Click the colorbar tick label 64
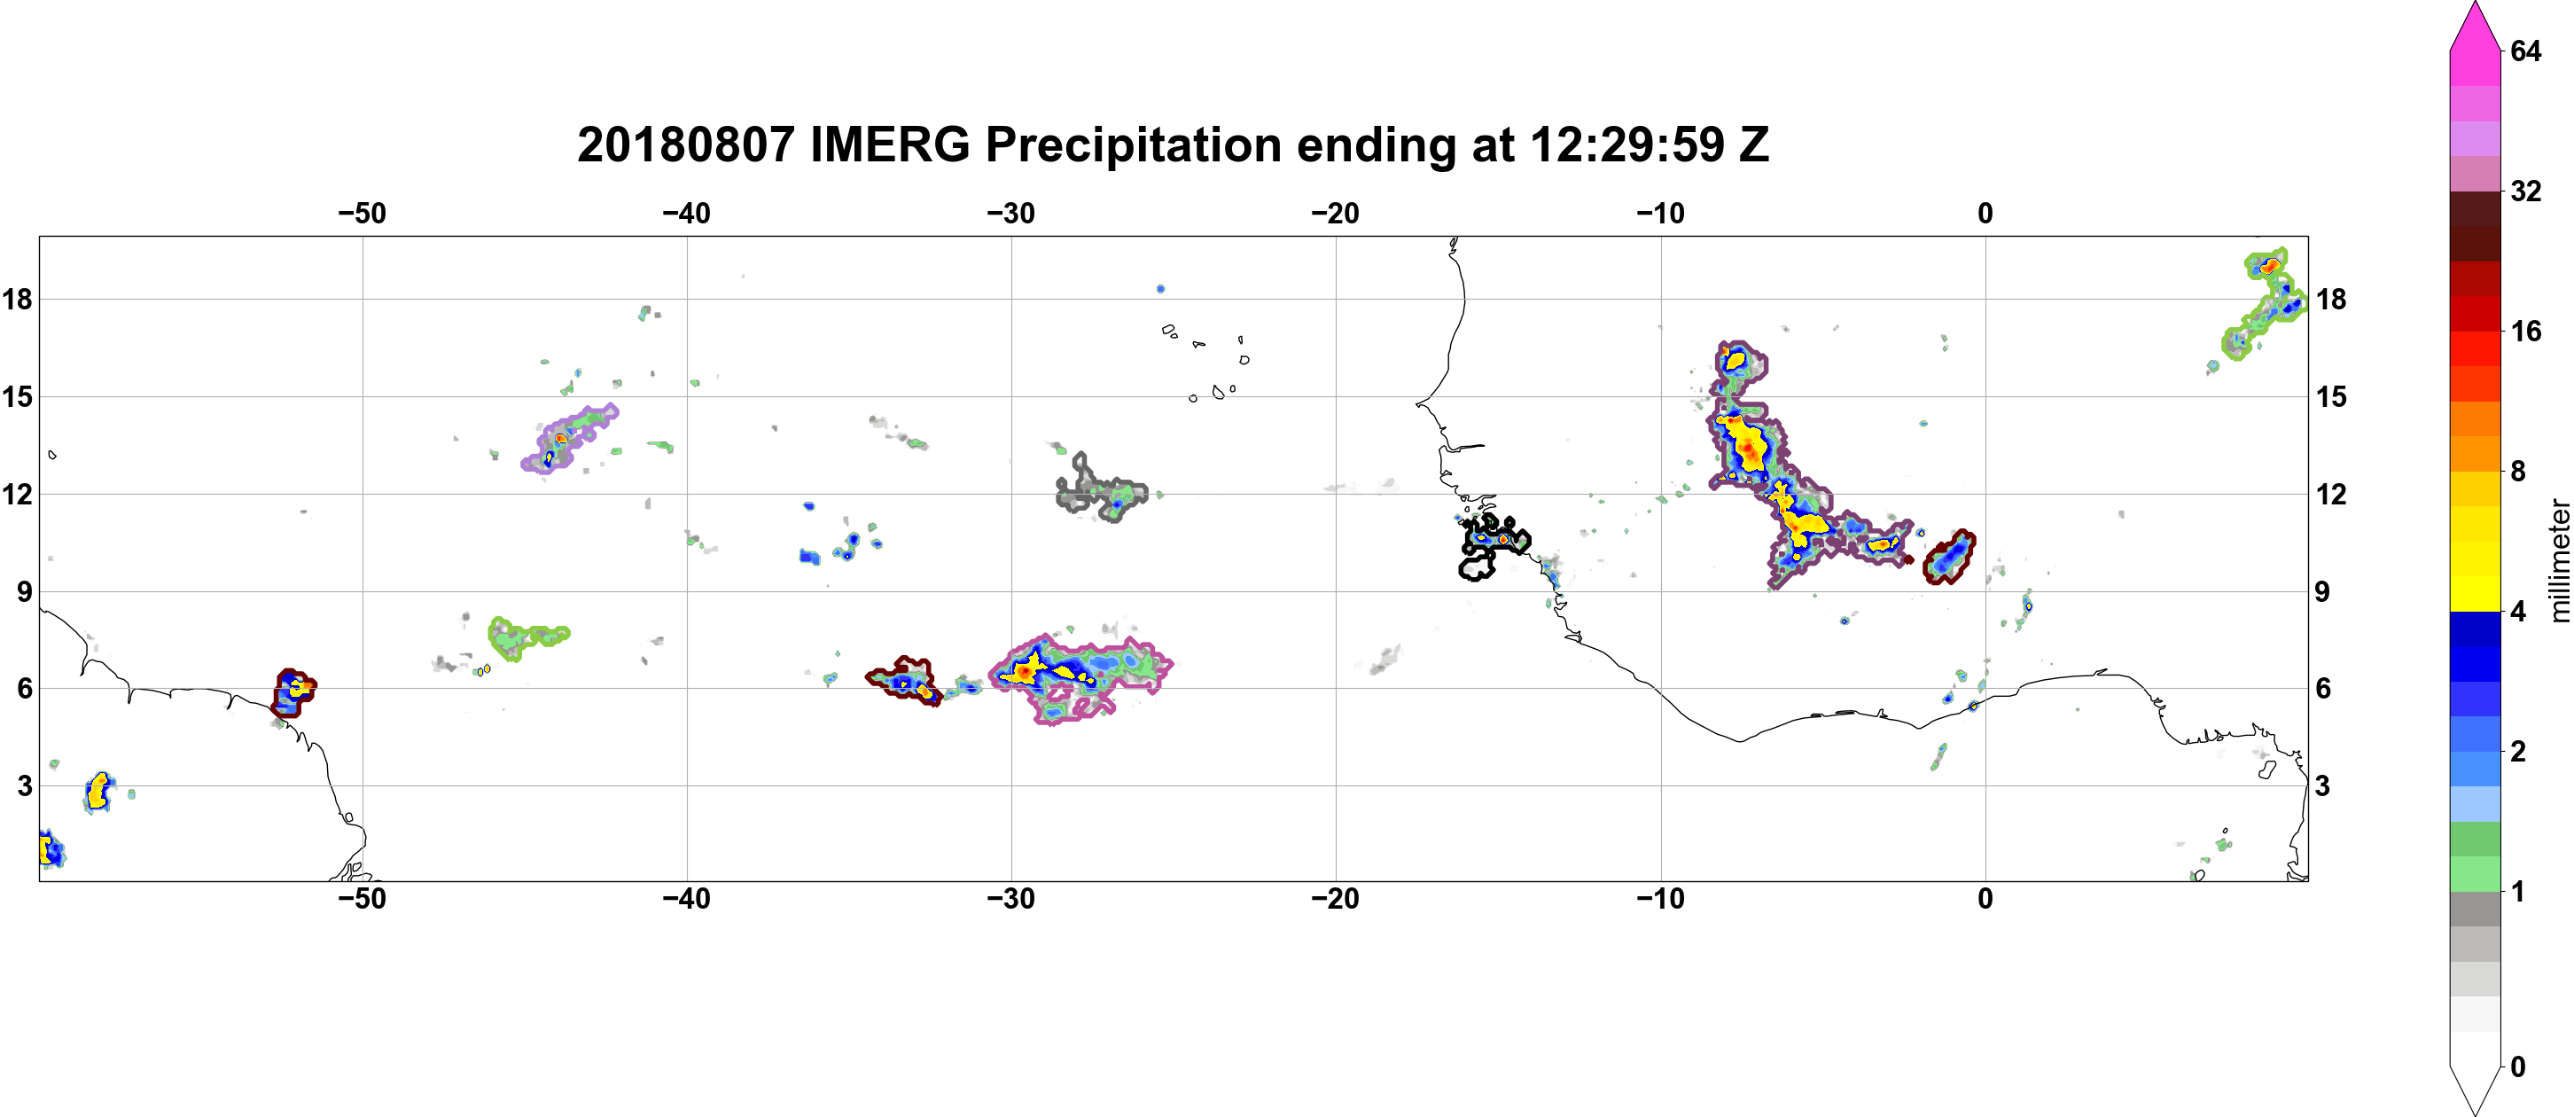[2525, 51]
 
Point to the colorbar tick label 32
[2525, 191]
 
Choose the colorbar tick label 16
[2525, 331]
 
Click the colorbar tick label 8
[2517, 471]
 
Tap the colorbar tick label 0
[2517, 1067]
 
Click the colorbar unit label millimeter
[2559, 560]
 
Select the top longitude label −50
[362, 214]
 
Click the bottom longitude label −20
[1335, 899]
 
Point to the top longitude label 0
[1985, 214]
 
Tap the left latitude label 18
[17, 299]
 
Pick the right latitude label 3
[2323, 786]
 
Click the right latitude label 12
[2331, 495]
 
